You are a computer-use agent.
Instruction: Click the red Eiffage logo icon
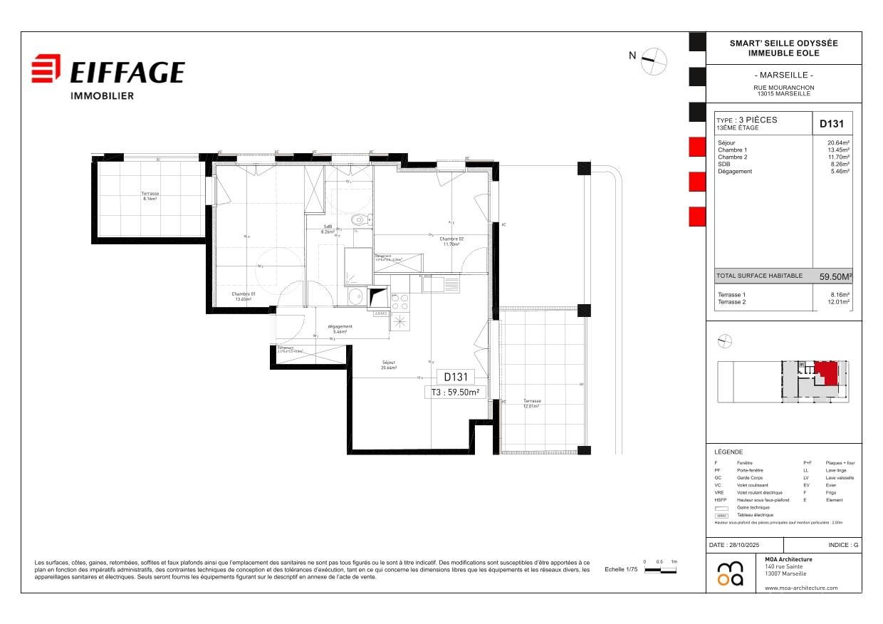pos(46,69)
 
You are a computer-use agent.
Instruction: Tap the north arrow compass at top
pos(654,61)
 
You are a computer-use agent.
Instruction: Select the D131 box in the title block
pos(832,123)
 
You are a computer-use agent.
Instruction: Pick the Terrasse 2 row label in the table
pos(732,302)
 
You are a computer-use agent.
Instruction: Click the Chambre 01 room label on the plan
pos(244,296)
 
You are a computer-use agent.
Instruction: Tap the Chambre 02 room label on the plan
pos(451,241)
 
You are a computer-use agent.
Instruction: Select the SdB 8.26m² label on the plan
pos(328,229)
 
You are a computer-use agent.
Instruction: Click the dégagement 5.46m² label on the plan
pos(340,329)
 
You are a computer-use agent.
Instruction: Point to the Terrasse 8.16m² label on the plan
pos(150,196)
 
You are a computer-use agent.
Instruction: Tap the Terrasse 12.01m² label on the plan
pos(532,402)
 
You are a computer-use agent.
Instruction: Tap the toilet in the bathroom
pos(360,220)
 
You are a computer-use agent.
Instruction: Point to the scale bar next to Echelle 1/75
pos(660,570)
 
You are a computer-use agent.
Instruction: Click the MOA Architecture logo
pos(730,573)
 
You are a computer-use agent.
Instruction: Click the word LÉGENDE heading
pos(728,452)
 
